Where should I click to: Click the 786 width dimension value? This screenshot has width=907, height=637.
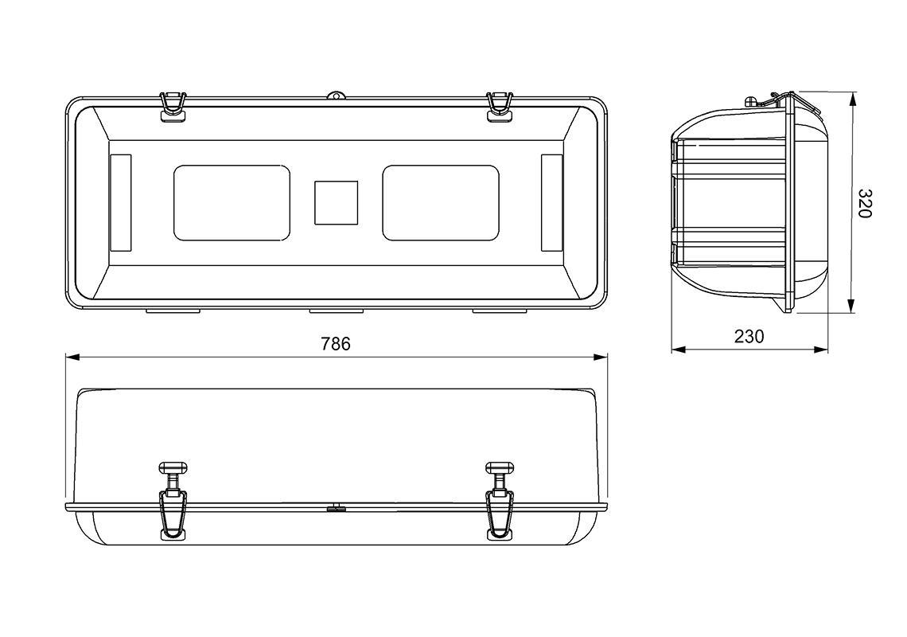coord(336,344)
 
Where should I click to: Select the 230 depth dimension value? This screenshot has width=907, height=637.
coord(749,336)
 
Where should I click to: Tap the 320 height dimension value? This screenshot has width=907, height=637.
coord(864,203)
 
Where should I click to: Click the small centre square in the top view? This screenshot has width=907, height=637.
coord(336,203)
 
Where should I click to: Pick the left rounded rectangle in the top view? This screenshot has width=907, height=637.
coord(232,203)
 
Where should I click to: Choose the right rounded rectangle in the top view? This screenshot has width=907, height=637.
coord(441,203)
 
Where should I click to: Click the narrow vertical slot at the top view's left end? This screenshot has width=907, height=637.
coord(119,203)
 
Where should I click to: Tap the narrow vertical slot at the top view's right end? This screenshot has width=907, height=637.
coord(552,203)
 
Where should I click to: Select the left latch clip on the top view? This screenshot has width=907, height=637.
coord(173,107)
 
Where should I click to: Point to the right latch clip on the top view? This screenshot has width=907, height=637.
coord(500,107)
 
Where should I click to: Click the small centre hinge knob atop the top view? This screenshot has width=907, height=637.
coord(336,96)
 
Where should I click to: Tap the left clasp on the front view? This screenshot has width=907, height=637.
coord(173,501)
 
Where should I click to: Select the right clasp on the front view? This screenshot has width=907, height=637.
coord(500,501)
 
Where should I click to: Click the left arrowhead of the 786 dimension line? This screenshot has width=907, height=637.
coord(72,358)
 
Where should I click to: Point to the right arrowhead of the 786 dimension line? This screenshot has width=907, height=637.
coord(601,358)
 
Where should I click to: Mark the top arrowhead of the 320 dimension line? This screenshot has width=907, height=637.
coord(851,100)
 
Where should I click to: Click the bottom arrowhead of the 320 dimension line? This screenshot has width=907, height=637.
coord(851,306)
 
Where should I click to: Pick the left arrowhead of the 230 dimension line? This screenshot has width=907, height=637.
coord(679,350)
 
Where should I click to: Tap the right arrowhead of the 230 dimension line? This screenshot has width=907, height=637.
coord(821,350)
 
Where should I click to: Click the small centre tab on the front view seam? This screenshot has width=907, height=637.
coord(336,509)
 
